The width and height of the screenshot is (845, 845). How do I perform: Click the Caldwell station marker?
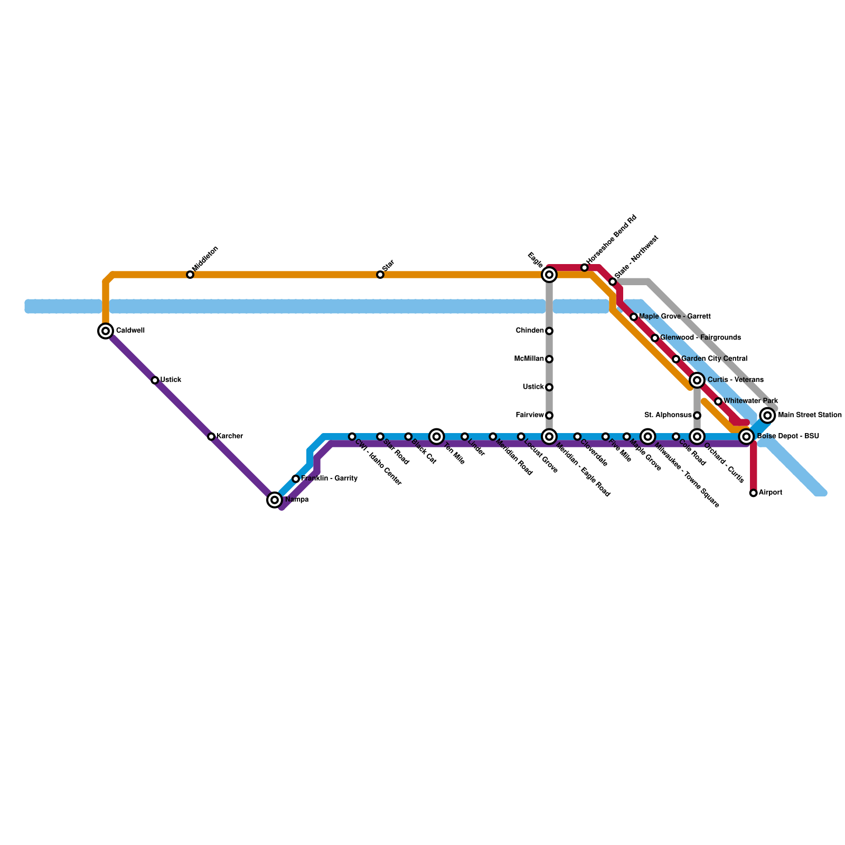pos(106,331)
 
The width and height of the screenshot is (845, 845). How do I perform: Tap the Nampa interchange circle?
pos(275,500)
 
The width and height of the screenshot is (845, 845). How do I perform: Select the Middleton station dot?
pos(190,275)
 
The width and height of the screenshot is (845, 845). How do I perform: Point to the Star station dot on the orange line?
pos(380,275)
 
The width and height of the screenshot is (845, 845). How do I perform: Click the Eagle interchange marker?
pos(549,275)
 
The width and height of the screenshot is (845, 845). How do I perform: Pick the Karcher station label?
pos(230,436)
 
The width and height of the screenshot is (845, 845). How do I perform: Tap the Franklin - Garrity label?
pos(329,478)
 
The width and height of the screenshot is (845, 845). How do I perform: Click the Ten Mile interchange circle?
pos(436,436)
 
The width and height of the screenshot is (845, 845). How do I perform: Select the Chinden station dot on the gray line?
pos(549,331)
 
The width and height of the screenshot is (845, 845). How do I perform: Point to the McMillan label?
pos(529,359)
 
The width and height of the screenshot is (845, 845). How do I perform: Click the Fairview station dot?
pos(549,416)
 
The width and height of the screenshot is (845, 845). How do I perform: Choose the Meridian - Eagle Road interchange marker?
pos(549,436)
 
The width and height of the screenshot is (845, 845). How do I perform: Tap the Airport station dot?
pos(754,493)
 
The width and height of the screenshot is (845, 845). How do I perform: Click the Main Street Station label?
pos(810,415)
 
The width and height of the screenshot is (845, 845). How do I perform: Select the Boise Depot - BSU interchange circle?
pos(746,436)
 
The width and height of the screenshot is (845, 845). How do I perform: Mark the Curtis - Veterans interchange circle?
pos(697,380)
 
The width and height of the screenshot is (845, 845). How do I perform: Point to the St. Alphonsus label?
pos(668,415)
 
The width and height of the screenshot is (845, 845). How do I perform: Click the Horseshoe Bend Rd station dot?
pos(585,268)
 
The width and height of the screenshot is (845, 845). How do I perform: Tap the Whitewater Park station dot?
pos(718,401)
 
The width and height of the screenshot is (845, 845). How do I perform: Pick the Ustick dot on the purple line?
pos(155,380)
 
